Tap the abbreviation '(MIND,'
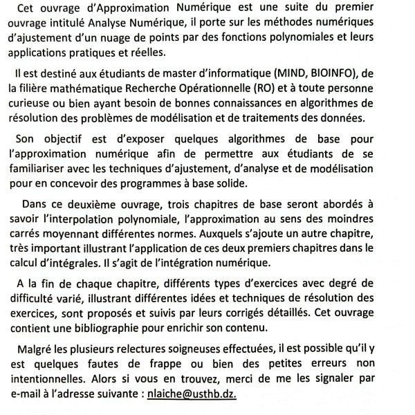click(268, 73)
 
